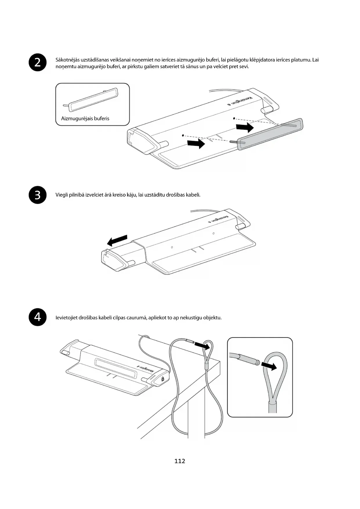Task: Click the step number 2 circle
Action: tap(38, 62)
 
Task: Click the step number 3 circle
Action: tap(38, 195)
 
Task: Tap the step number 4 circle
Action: tap(38, 317)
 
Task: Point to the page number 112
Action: tap(180, 461)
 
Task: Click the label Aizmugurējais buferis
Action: tap(85, 118)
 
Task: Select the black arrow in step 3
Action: tap(117, 240)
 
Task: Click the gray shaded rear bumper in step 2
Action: tap(270, 134)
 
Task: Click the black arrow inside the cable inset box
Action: tap(269, 366)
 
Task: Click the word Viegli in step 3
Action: tap(62, 195)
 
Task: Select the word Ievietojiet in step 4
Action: tap(66, 317)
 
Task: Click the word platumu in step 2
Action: tap(302, 60)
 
